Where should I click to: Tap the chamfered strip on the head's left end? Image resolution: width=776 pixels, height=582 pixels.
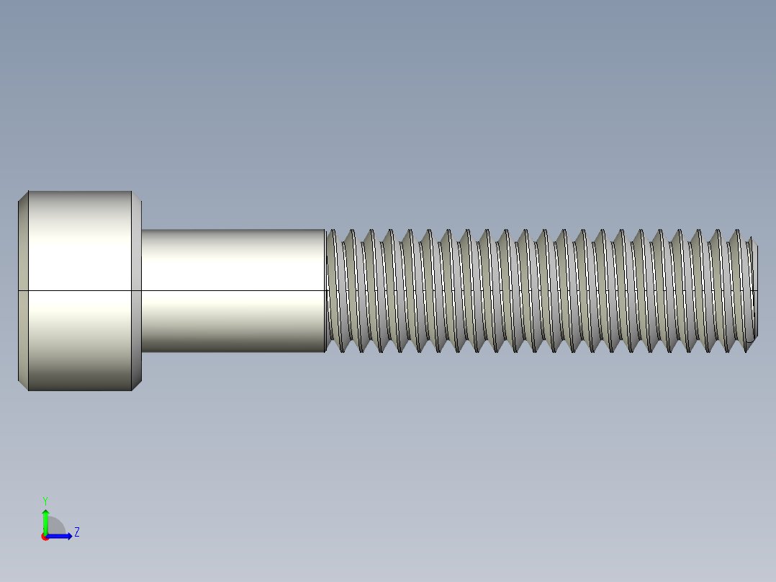coord(22,291)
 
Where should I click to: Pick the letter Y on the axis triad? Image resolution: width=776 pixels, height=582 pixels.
coord(45,500)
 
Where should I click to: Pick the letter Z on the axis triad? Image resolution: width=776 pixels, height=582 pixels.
coord(76,532)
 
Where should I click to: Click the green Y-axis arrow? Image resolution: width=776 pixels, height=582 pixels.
coord(45,520)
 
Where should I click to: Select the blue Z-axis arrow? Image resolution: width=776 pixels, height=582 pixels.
coord(62,536)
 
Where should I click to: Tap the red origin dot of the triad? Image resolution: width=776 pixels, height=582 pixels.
coord(45,537)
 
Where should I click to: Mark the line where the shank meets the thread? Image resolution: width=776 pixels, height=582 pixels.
coord(325,291)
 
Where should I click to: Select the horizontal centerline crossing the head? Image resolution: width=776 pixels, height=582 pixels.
coord(79,291)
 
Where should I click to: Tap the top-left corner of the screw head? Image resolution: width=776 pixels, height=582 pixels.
coord(28,192)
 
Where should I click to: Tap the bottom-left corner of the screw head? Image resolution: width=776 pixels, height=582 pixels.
coord(28,390)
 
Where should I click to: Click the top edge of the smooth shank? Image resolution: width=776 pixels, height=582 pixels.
coord(233,230)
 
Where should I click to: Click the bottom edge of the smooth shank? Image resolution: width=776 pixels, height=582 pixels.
coord(233,352)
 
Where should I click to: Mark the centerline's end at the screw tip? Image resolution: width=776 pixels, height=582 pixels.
coord(757,291)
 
